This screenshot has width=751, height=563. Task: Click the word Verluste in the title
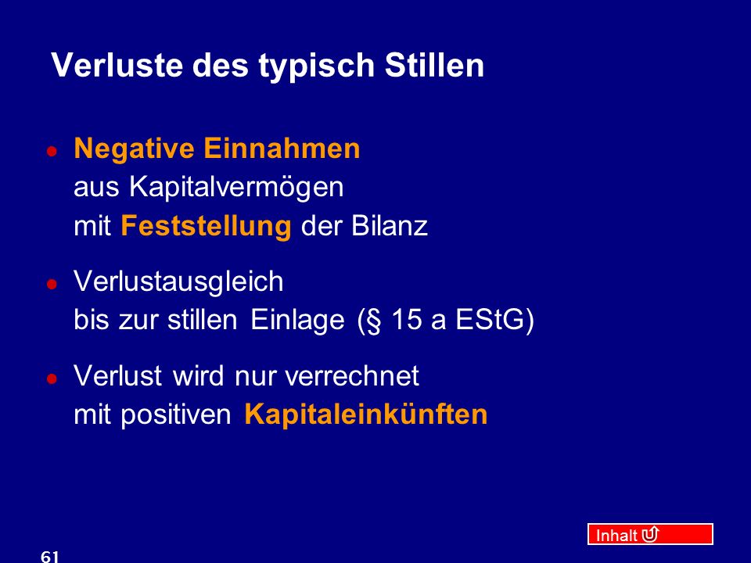pos(117,65)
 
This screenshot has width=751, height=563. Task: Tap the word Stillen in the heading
pos(434,65)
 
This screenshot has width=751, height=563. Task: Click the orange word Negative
pos(134,149)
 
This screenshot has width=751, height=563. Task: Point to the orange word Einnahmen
pos(282,148)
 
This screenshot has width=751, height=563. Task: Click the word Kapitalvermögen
pos(236,188)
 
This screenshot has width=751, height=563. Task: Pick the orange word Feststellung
pos(206,227)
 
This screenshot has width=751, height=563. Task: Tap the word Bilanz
pos(390,225)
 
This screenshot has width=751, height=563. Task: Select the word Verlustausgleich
pos(178,282)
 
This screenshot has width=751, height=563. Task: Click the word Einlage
pos(297,321)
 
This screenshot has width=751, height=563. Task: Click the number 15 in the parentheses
pos(407,320)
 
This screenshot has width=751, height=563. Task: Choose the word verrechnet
pos(352,376)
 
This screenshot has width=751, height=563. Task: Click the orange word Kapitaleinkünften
pos(366,414)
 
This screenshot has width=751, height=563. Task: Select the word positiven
pos(176,415)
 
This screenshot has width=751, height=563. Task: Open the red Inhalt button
pos(650,534)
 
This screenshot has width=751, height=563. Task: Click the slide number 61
pos(50,557)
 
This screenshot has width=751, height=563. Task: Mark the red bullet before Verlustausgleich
pos(52,284)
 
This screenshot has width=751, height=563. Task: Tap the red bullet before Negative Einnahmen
pos(52,151)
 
